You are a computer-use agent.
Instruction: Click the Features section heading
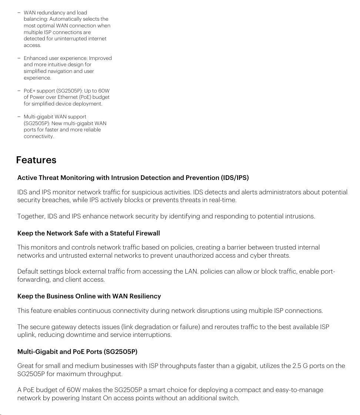click(36, 160)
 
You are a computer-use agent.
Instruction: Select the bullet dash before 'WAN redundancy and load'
click(18, 13)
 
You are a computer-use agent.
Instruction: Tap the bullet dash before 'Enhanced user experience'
click(18, 58)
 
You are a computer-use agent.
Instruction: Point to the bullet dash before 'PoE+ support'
click(18, 91)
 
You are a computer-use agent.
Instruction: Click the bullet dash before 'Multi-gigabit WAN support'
click(18, 117)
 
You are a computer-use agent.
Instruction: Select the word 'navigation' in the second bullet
click(59, 71)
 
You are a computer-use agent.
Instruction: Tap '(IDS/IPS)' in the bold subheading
click(235, 178)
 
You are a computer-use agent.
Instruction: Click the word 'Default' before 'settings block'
click(28, 272)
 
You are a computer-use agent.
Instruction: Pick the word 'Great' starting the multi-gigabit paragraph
click(26, 366)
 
